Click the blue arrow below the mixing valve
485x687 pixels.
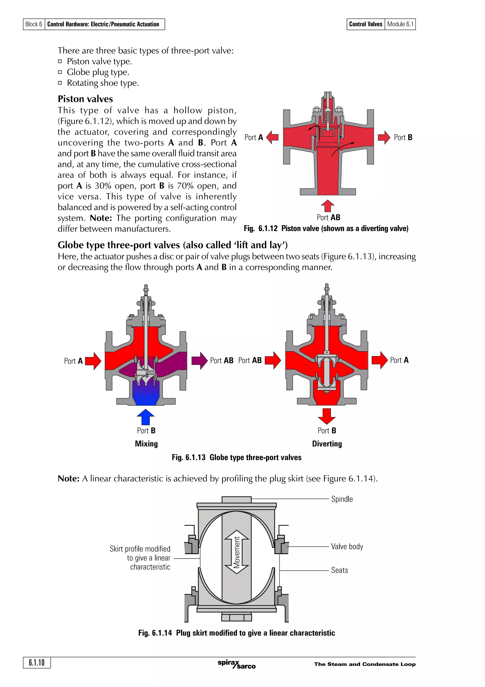[146, 417]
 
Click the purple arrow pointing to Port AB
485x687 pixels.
[200, 361]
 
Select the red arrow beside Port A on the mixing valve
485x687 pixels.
[93, 361]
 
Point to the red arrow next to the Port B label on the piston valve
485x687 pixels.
[384, 137]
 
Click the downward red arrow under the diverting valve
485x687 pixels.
[327, 416]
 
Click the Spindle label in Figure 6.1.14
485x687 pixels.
[342, 499]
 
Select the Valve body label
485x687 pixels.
[347, 546]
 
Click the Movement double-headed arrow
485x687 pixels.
[237, 552]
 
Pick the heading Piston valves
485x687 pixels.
[85, 99]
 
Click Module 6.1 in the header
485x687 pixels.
[400, 24]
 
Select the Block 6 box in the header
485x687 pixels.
[34, 24]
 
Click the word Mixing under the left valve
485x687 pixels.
[146, 444]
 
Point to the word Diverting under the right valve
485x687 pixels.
[327, 444]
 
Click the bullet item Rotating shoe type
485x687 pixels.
[103, 83]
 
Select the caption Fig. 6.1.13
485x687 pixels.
[236, 457]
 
